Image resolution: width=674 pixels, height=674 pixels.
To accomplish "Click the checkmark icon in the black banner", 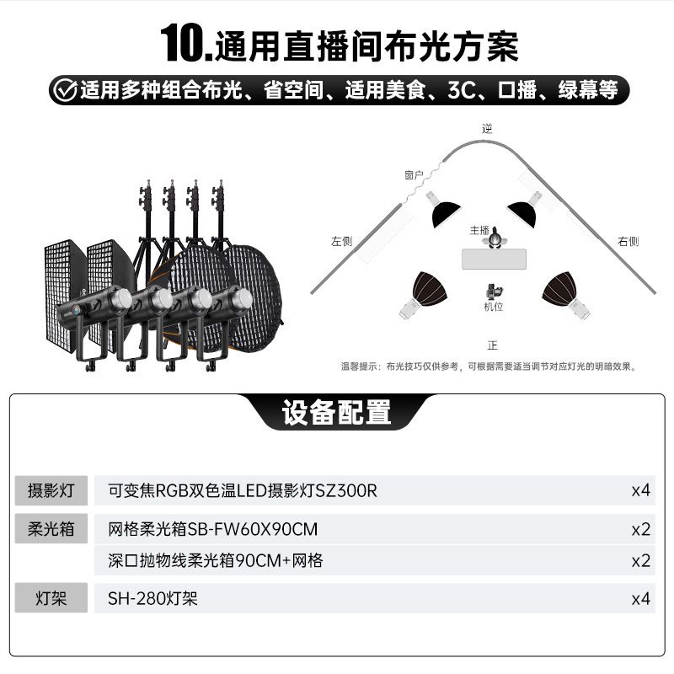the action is tap(66, 90).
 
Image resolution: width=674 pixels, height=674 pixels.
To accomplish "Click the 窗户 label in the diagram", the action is tap(414, 175).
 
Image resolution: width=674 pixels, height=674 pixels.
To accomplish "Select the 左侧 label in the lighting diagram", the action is tap(342, 241).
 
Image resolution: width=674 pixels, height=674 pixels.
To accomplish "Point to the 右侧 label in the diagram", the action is tap(628, 241).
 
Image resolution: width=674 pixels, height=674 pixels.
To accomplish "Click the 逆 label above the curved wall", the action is tap(487, 128).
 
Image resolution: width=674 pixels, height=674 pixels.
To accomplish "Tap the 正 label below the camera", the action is tap(493, 345).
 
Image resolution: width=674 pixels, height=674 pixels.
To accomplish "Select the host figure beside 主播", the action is tap(495, 238).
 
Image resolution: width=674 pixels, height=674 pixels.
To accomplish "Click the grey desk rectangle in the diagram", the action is tap(494, 259).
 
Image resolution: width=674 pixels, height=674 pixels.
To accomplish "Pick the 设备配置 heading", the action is tap(336, 412).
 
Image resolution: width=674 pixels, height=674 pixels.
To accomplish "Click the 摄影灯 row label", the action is tap(51, 490).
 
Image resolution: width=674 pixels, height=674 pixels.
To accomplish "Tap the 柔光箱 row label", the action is tap(51, 529).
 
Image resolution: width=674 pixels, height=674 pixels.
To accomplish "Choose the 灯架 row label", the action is tap(51, 598).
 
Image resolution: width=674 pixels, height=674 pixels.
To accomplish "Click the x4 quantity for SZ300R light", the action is tap(640, 490).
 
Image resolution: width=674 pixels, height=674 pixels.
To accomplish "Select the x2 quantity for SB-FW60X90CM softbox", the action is tap(640, 529).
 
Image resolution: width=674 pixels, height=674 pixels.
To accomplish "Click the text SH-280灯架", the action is tap(152, 598).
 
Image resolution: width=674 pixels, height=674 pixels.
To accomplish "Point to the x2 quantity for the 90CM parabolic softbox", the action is tap(640, 561).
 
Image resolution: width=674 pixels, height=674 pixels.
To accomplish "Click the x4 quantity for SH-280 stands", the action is tap(640, 598).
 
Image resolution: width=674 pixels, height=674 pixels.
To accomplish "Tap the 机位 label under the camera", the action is tap(494, 307).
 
